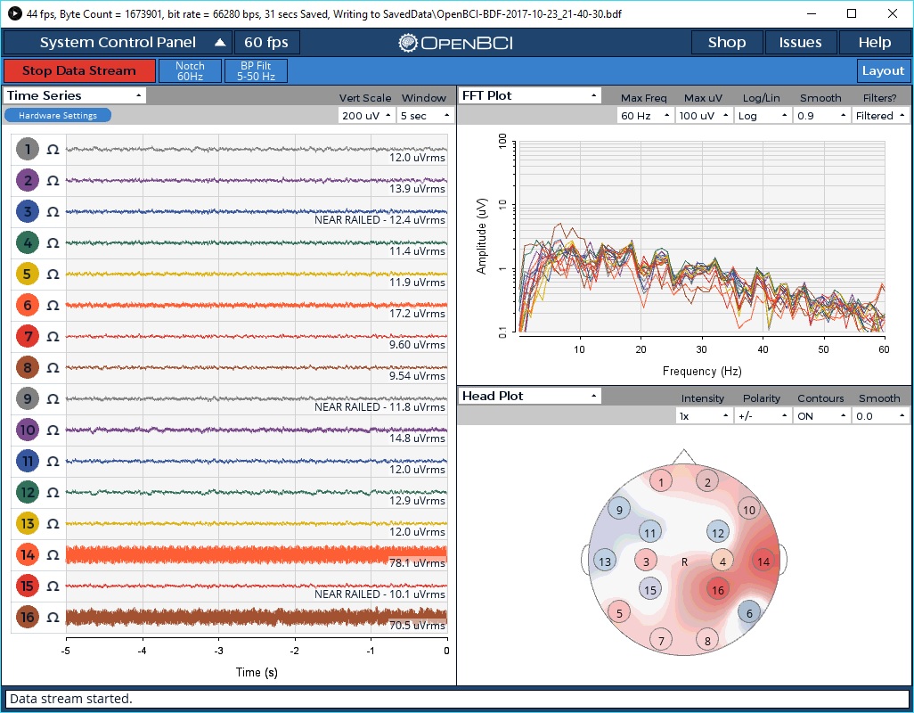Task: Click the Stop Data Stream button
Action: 79,71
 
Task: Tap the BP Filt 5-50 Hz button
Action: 256,71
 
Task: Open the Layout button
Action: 883,71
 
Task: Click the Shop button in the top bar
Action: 727,43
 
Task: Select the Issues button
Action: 800,43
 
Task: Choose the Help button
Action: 874,43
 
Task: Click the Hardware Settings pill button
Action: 58,115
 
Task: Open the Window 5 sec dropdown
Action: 426,116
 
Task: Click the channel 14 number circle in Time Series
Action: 28,555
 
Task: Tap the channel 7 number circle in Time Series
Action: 28,337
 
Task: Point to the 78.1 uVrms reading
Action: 417,562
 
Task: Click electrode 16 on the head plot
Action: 717,589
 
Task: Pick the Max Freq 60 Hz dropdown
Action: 642,116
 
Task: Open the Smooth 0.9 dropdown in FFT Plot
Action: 820,116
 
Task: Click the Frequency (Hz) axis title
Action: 702,371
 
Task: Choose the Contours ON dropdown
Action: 820,416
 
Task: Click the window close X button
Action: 892,13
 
